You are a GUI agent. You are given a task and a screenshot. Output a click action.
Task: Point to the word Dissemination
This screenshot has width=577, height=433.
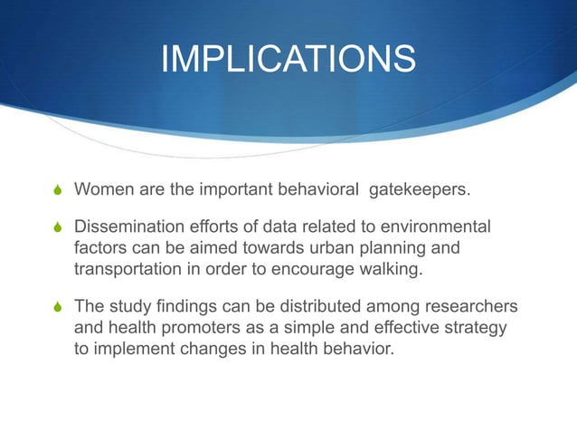[131, 226]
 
